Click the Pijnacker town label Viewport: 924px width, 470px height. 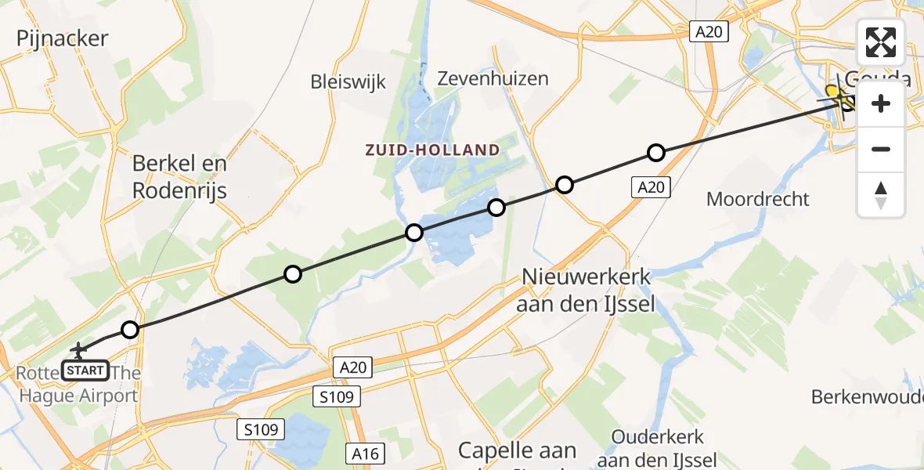coord(62,38)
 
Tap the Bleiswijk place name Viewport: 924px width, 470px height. coord(348,81)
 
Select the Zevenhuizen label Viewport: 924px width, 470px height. coord(493,78)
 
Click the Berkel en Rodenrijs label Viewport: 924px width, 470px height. coord(179,176)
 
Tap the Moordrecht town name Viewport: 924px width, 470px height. coord(757,198)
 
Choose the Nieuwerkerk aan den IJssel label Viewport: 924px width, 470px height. coord(585,290)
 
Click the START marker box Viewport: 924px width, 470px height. coord(85,370)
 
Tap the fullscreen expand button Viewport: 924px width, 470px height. coord(881,42)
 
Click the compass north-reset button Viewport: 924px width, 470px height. coord(881,195)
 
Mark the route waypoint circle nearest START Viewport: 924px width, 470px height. coord(130,330)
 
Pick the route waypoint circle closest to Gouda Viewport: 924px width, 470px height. coord(656,153)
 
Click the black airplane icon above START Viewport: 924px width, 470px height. coord(78,349)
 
